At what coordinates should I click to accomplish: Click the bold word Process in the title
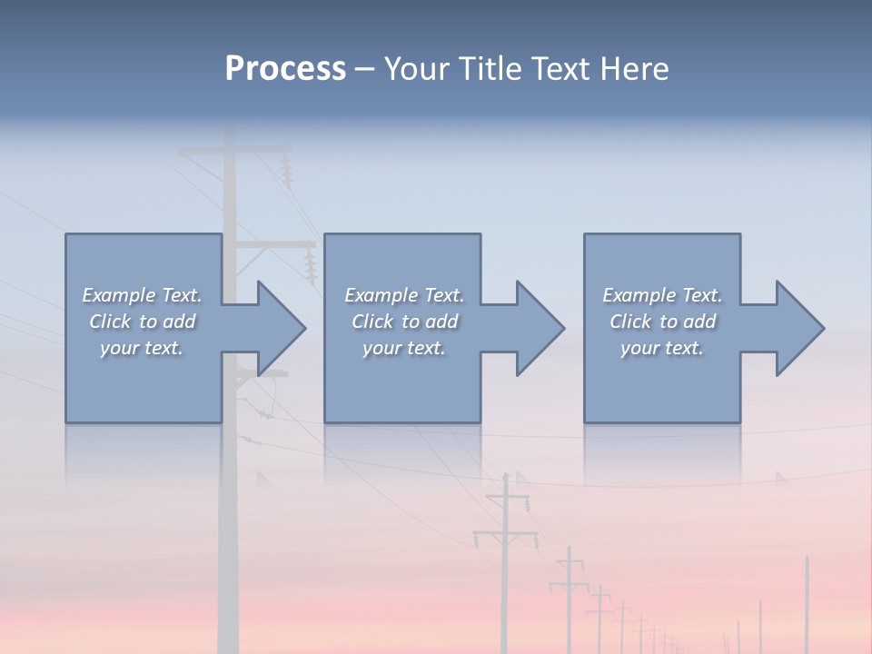(x=285, y=69)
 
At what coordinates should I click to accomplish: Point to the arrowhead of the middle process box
(x=538, y=328)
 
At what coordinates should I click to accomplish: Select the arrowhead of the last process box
(x=798, y=328)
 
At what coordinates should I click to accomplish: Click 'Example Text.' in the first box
(x=143, y=295)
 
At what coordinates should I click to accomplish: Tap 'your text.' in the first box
(x=143, y=348)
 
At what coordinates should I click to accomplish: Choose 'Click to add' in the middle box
(x=404, y=322)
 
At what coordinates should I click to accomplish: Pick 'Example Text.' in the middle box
(x=404, y=295)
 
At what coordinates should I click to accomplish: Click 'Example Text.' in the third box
(x=662, y=295)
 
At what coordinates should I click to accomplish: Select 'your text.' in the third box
(x=662, y=348)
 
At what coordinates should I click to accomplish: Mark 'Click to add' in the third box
(x=662, y=322)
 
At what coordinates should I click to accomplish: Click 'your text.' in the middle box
(x=404, y=348)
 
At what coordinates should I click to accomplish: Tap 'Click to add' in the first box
(x=143, y=322)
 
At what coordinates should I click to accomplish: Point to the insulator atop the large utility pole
(x=288, y=171)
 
